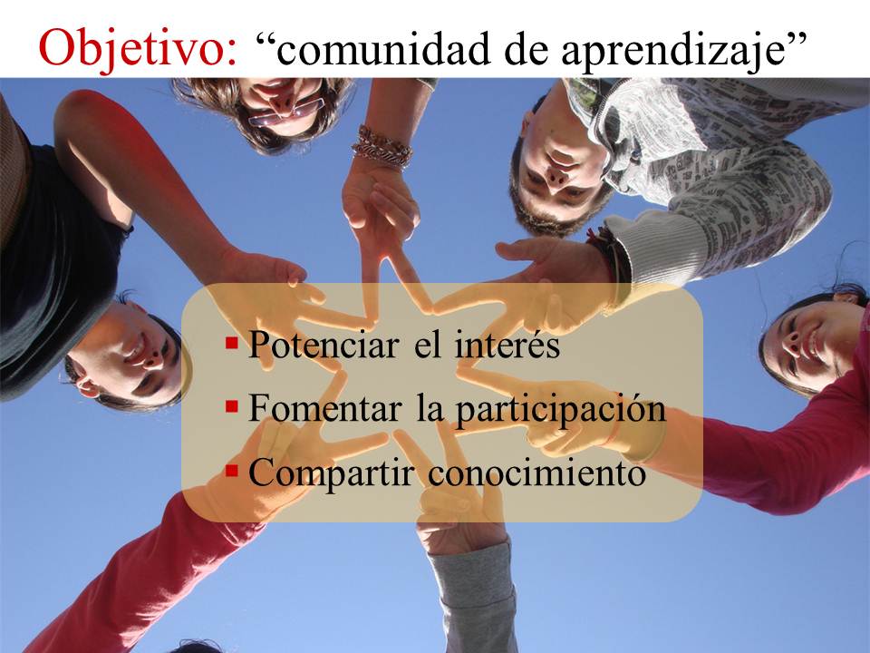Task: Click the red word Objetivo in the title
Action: (x=138, y=49)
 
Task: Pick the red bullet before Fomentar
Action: (x=232, y=407)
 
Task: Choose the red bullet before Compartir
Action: (x=232, y=471)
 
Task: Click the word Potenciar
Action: (x=324, y=345)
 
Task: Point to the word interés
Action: (x=507, y=345)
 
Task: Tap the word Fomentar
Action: (x=325, y=408)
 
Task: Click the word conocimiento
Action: (x=537, y=473)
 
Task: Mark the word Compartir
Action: (x=332, y=474)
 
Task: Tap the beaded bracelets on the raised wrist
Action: (x=382, y=146)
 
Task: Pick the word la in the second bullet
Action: (x=430, y=408)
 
